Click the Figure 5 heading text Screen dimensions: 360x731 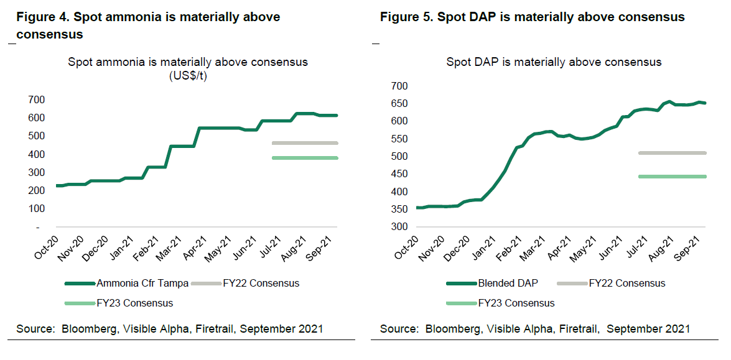[x=532, y=17]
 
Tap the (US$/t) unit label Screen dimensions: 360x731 [x=188, y=76]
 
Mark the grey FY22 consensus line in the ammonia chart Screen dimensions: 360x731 [x=305, y=143]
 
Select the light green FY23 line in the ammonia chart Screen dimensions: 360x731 [x=305, y=158]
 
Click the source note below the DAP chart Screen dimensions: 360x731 [x=535, y=328]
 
